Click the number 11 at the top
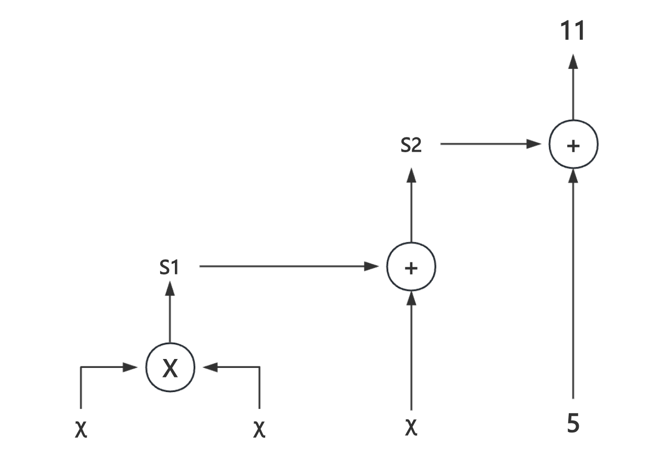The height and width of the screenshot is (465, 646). (572, 32)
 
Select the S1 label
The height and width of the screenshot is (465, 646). (169, 268)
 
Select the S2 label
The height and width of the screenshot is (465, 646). (411, 145)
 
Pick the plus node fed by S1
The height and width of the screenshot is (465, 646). (411, 268)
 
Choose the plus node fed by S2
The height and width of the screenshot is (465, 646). (573, 145)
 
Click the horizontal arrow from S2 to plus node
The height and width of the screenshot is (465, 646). (491, 144)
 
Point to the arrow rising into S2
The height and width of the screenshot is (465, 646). (411, 205)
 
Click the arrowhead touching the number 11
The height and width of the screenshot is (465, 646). (573, 61)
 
